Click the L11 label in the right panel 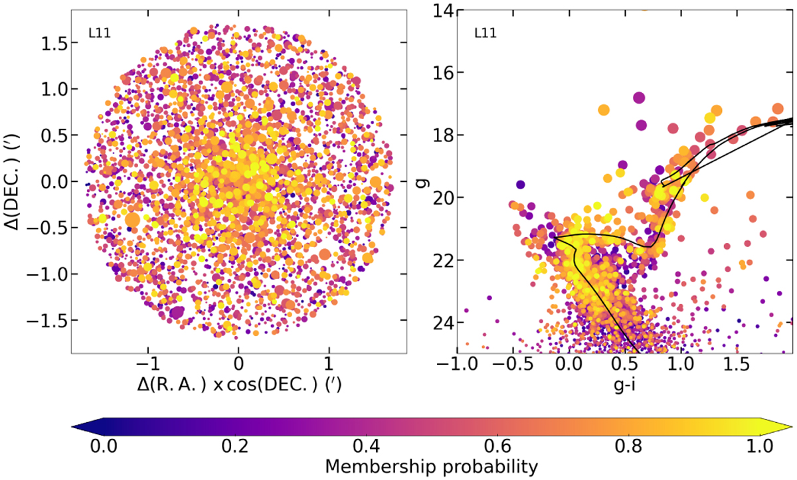[485, 32]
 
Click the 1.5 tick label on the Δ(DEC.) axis [50, 42]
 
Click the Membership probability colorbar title [431, 467]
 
